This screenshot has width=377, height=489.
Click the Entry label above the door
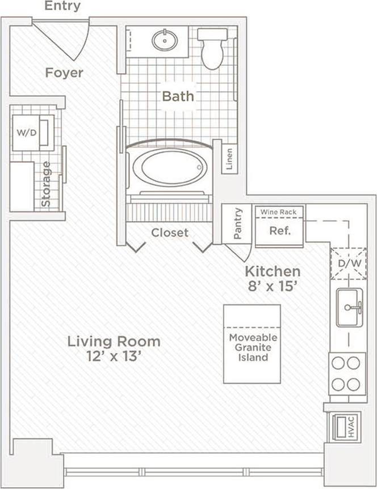[62, 7]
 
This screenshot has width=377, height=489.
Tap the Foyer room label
[64, 73]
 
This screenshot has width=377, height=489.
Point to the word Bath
[178, 96]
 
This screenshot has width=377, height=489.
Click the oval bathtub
[171, 168]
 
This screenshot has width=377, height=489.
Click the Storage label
[47, 184]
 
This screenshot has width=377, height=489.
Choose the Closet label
[170, 232]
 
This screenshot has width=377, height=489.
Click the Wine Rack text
[279, 212]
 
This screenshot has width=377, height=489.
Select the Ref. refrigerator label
[279, 231]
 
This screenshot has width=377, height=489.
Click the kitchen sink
[349, 308]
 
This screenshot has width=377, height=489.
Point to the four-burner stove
[347, 373]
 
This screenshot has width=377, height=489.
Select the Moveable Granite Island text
[252, 347]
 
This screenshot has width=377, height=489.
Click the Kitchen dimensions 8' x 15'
[272, 287]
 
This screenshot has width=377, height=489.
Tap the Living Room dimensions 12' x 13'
[114, 358]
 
